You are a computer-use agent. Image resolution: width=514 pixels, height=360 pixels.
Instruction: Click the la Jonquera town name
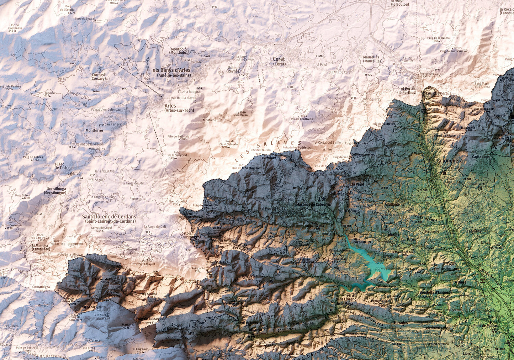coord(450,161)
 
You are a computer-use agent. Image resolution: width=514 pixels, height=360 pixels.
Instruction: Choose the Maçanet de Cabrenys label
coord(313,205)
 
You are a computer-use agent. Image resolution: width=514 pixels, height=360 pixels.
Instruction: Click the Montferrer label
coord(94,131)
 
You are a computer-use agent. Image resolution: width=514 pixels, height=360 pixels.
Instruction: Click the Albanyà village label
coord(255,329)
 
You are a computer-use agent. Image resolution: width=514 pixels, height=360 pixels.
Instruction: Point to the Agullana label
coord(392,205)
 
